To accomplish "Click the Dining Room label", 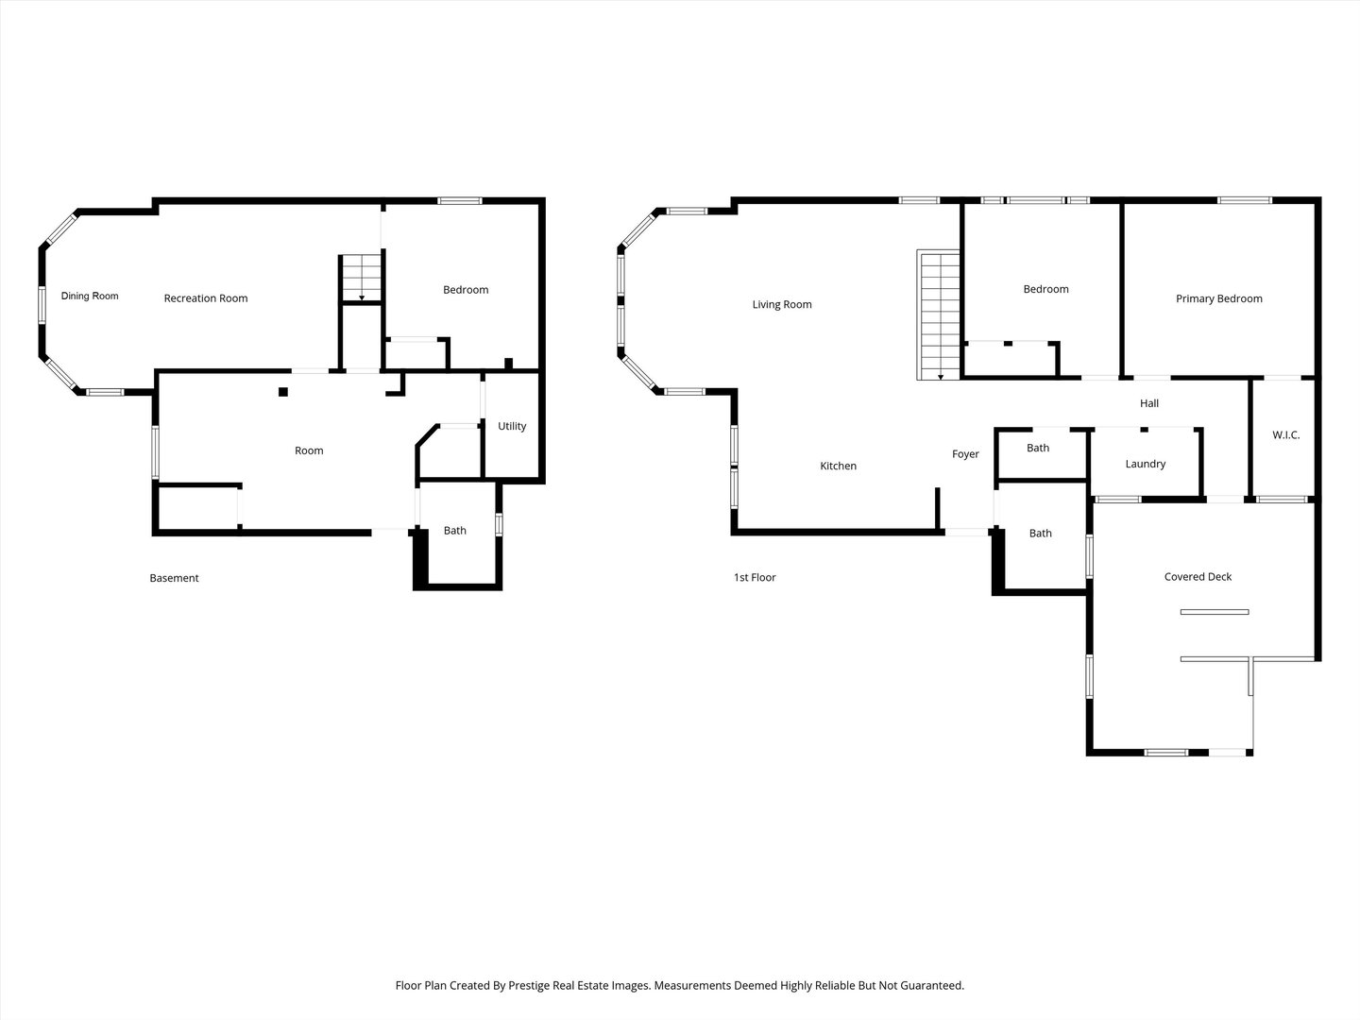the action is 89,296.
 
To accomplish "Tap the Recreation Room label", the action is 206,298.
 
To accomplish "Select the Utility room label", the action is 512,426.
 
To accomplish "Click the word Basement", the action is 174,578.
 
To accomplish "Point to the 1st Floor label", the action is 755,577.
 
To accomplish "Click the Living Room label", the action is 782,305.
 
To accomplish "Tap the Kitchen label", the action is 839,466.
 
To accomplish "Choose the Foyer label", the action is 965,454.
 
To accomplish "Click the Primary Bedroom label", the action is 1218,298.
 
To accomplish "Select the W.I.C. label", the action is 1286,434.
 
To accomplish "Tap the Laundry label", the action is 1145,464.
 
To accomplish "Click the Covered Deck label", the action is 1198,576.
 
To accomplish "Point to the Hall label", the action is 1149,403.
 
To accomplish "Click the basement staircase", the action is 361,278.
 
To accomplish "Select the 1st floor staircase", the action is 939,314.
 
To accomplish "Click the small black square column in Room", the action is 283,391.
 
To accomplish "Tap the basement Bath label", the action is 455,531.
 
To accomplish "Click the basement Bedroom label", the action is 466,290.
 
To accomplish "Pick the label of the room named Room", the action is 309,450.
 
